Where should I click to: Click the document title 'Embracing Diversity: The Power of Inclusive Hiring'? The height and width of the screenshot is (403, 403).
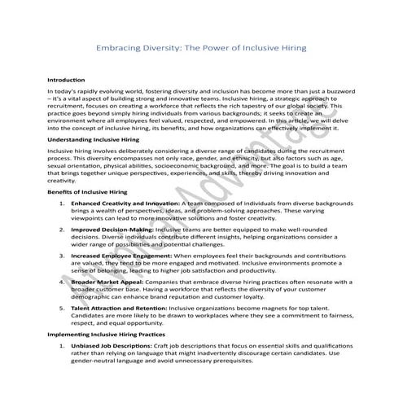pos(201,48)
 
